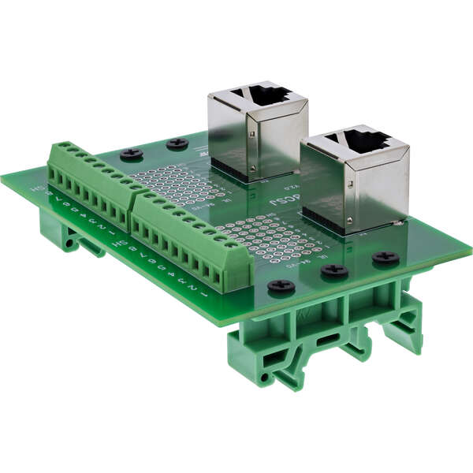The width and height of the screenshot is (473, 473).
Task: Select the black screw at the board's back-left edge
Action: pos(131,154)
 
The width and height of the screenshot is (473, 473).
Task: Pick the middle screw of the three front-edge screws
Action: pos(335,271)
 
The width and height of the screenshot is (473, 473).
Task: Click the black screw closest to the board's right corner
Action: pos(385,256)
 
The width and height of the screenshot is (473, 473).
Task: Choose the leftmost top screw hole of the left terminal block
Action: pos(58,145)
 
